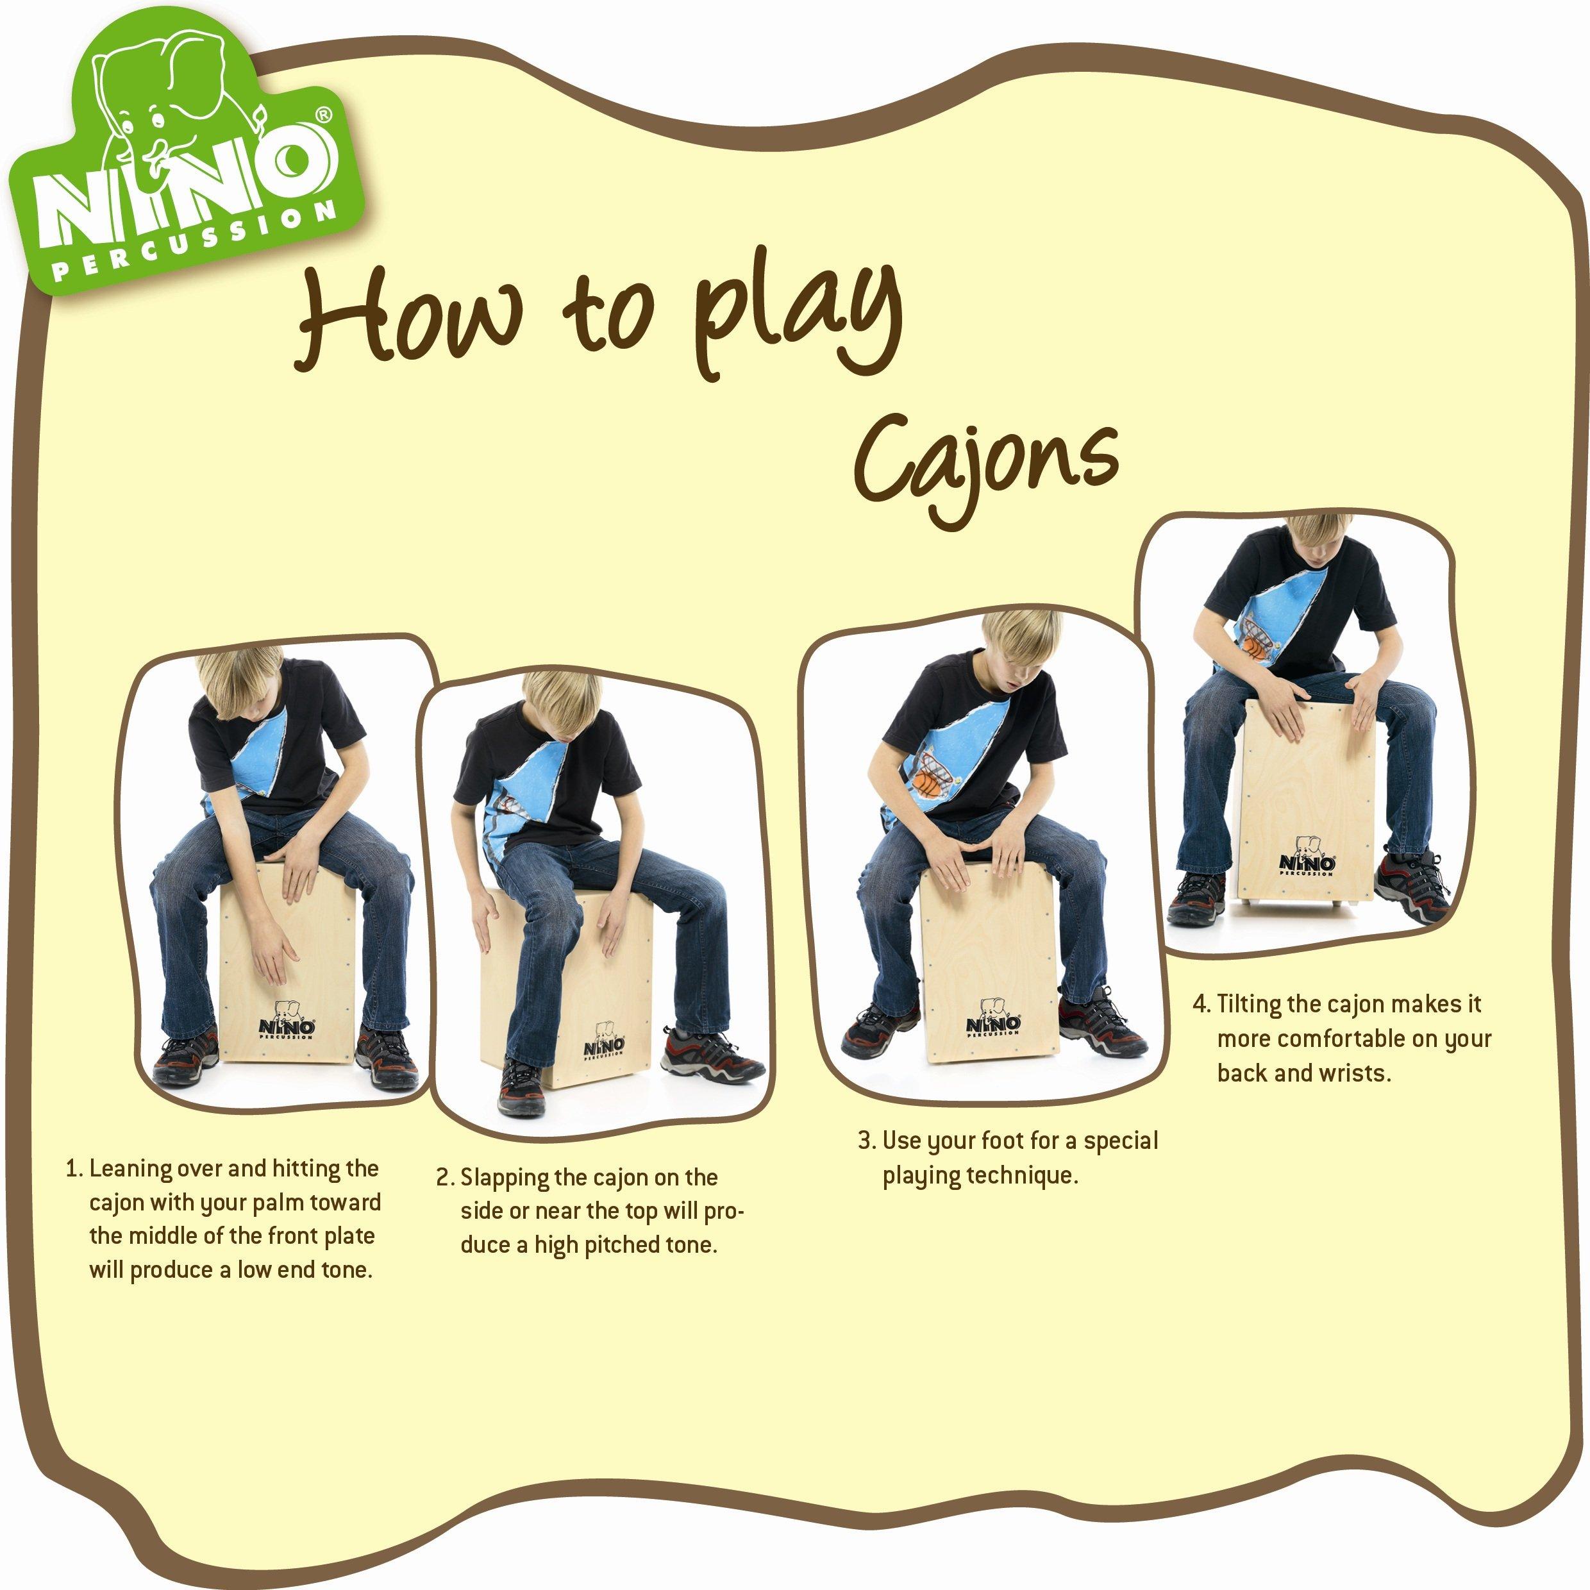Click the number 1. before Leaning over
(x=76, y=1169)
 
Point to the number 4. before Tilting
(x=1202, y=1005)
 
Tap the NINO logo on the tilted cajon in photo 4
(x=1307, y=861)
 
